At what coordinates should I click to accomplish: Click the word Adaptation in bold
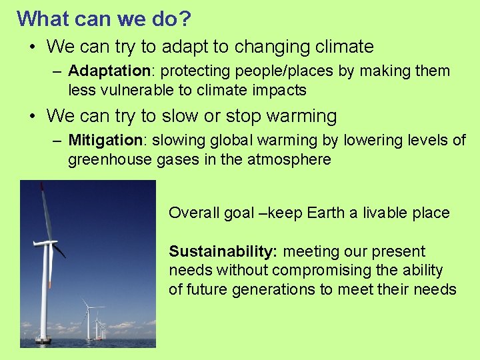point(110,71)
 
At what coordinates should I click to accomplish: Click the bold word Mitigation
point(105,140)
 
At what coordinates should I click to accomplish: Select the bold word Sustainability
point(223,251)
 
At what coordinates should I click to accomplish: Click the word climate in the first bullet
point(340,47)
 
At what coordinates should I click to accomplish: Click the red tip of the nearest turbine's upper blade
point(41,185)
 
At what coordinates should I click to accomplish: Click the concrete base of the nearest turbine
point(43,340)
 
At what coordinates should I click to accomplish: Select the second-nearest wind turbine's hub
point(88,307)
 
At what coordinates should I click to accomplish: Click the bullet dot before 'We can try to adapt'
point(32,47)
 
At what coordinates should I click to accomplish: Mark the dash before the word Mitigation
point(57,140)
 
